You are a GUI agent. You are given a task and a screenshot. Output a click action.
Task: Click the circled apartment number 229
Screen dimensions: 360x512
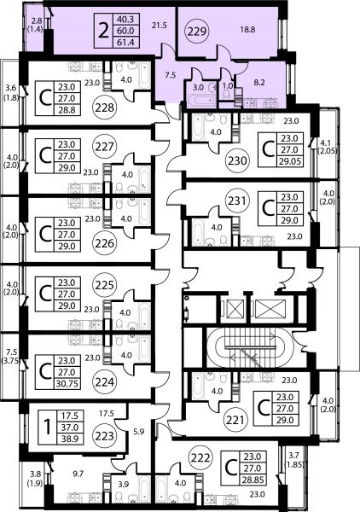tap(197, 32)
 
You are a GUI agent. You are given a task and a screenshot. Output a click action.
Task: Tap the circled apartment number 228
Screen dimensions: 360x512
tap(104, 108)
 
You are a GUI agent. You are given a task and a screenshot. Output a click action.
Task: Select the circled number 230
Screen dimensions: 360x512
tap(238, 160)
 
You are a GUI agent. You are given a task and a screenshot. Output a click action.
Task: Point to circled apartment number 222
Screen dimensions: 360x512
tap(200, 457)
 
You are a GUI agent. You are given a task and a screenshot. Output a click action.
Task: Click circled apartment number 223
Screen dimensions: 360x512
tap(104, 435)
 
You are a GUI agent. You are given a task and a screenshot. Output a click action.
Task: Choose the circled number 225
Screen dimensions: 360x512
tap(104, 285)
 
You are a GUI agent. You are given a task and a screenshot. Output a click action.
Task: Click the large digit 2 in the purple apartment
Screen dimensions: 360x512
tap(103, 31)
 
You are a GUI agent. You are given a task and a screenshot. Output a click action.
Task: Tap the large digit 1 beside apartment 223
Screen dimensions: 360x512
tap(48, 428)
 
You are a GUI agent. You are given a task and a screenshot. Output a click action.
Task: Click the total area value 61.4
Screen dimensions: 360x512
tap(125, 42)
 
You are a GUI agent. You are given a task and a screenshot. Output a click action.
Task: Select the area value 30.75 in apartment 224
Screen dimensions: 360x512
tap(67, 383)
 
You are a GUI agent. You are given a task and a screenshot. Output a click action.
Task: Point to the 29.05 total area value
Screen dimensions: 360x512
tap(290, 161)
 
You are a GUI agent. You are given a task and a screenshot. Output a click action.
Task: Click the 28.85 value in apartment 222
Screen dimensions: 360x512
tap(252, 480)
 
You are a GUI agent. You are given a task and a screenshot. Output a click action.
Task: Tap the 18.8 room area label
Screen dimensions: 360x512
tap(247, 29)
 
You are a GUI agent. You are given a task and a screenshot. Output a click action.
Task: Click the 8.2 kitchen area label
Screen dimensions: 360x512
tap(258, 83)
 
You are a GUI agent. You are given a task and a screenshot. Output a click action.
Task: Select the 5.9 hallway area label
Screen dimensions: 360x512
tap(139, 431)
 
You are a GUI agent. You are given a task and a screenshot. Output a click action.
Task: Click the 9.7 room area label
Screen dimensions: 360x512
tap(78, 474)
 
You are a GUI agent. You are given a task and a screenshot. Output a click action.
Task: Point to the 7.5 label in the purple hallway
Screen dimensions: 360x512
tap(170, 75)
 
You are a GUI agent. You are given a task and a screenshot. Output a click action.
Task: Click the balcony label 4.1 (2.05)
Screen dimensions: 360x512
tap(328, 147)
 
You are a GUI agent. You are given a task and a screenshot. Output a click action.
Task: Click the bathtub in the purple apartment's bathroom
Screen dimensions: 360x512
tap(200, 100)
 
